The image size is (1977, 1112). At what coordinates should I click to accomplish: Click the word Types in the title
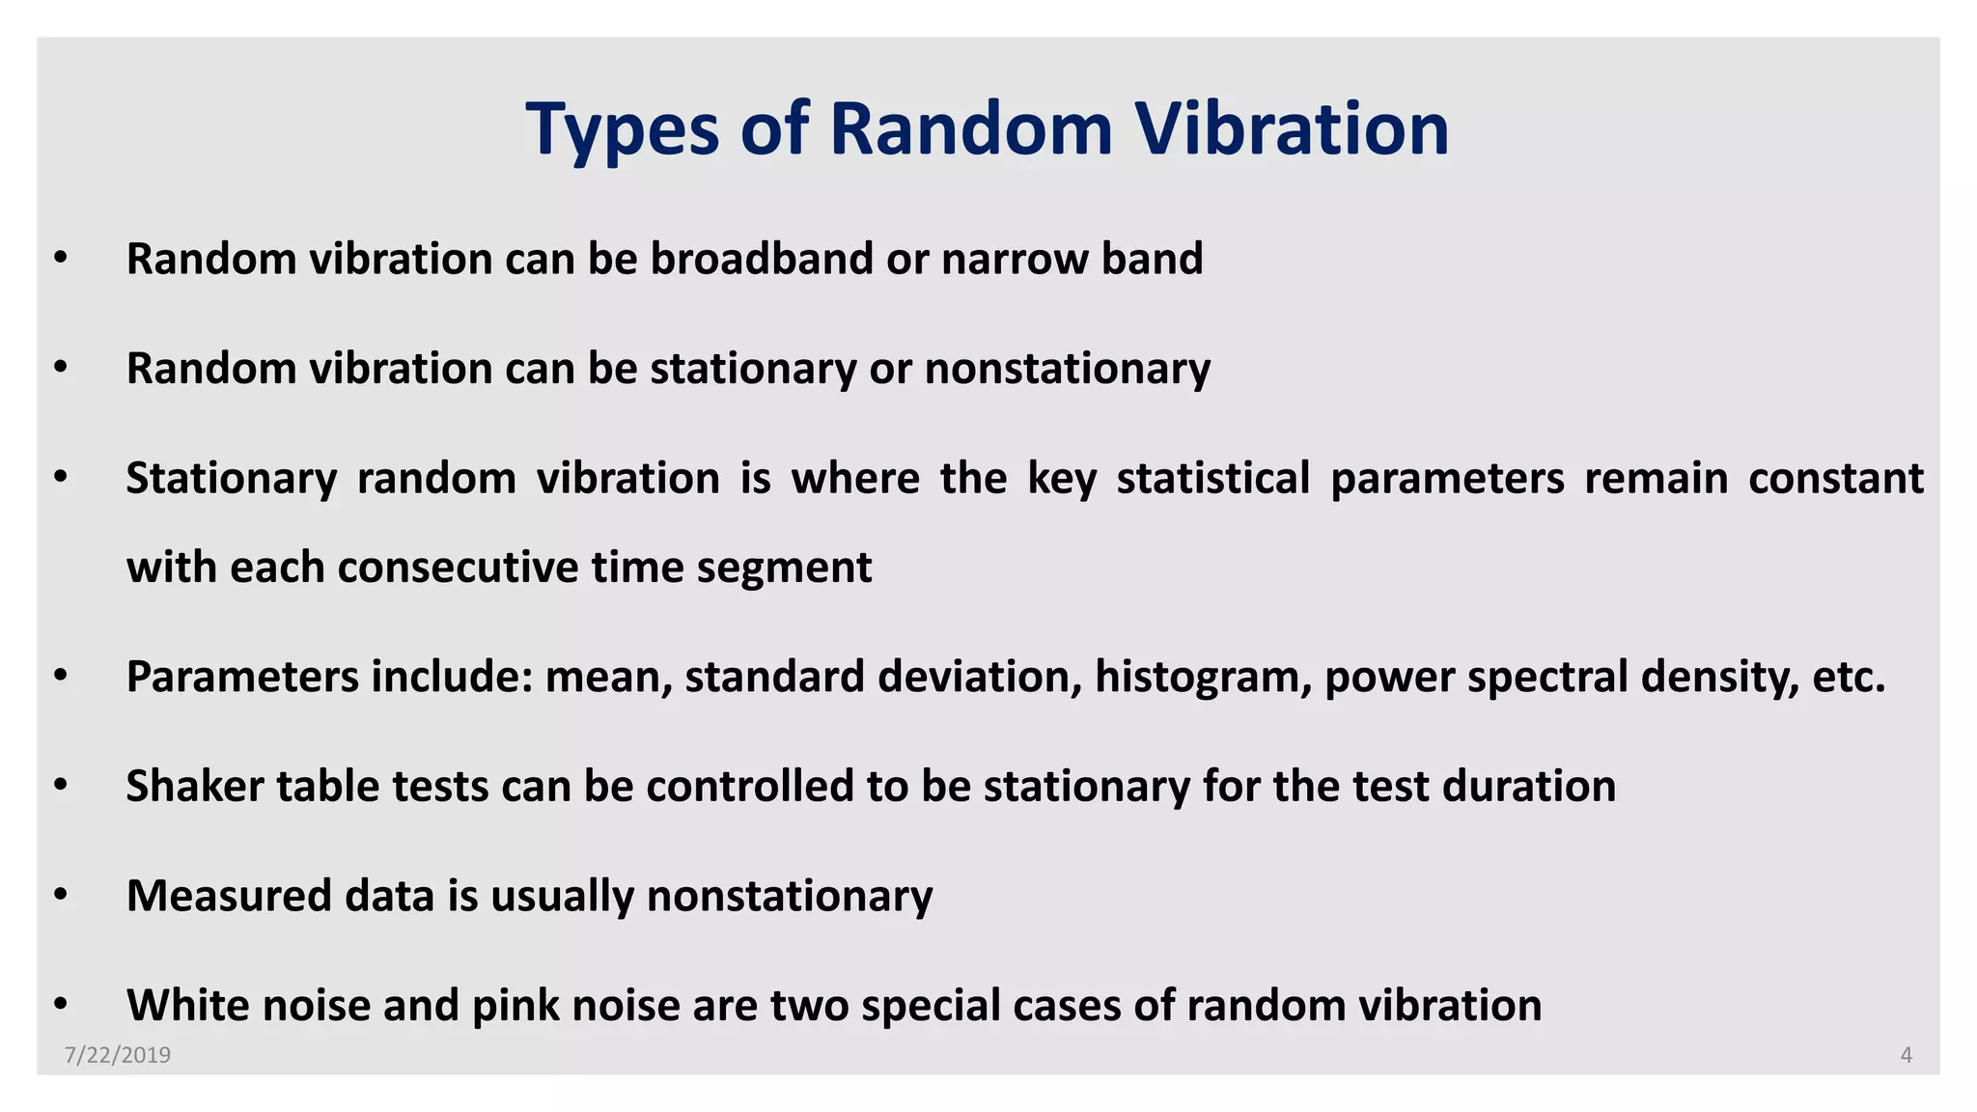623,130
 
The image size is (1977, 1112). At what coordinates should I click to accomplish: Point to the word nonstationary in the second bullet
1067,369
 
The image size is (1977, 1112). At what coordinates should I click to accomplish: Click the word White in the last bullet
187,1005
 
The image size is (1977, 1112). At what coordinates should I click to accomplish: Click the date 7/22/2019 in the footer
118,1055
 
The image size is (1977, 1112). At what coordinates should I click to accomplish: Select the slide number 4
1906,1055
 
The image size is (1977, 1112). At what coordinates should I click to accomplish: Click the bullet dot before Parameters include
61,676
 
